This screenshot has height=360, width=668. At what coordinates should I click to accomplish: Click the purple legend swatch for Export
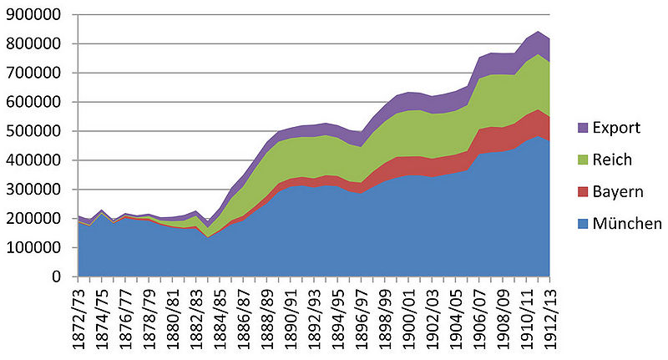[582, 128]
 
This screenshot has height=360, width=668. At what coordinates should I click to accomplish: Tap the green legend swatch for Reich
[582, 160]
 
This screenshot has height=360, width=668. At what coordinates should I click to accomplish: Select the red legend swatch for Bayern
[582, 191]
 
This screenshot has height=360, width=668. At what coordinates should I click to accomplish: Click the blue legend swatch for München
[582, 223]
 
